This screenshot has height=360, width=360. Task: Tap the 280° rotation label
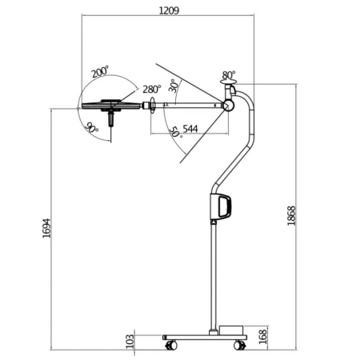pyautogui.click(x=152, y=90)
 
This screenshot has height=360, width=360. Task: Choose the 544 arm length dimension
pyautogui.click(x=190, y=127)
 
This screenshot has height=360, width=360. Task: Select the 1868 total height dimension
pyautogui.click(x=293, y=215)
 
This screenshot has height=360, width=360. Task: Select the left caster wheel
pyautogui.click(x=170, y=346)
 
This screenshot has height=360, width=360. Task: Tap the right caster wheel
pyautogui.click(x=238, y=346)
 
